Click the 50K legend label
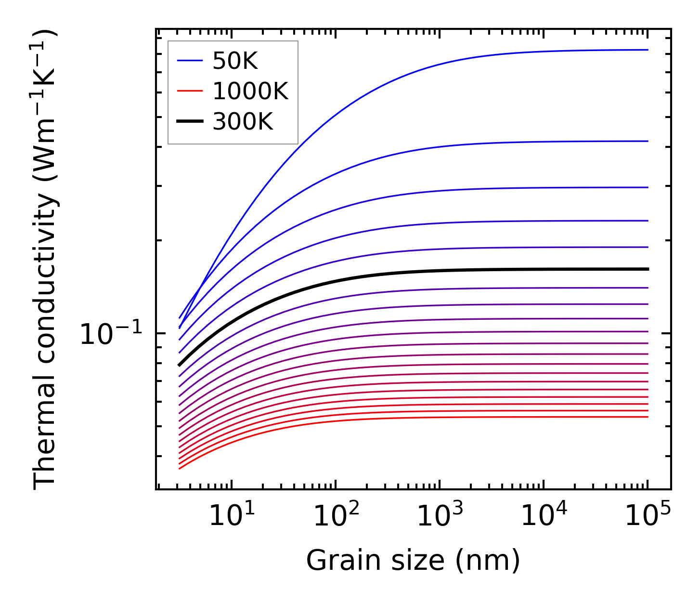[235, 61]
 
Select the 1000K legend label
[250, 91]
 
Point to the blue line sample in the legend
[190, 61]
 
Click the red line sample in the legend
[190, 91]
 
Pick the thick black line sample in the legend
[190, 121]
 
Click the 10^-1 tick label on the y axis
[111, 334]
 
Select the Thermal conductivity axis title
[46, 259]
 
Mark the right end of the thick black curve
[648, 269]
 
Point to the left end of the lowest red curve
[180, 468]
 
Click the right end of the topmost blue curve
[648, 50]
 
